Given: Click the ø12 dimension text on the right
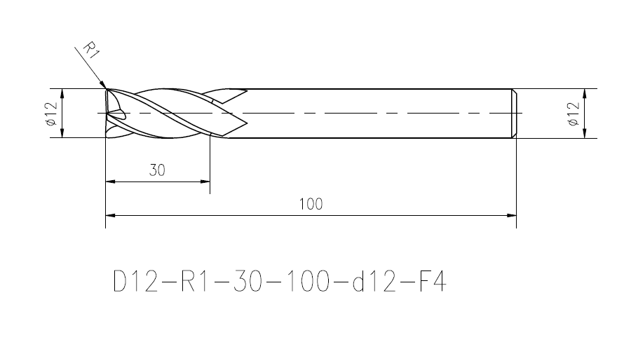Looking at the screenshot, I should (x=574, y=114).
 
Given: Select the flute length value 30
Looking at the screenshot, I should (x=157, y=170).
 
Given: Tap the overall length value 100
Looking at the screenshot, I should (x=311, y=205).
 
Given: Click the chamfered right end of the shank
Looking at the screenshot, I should (x=515, y=113).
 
